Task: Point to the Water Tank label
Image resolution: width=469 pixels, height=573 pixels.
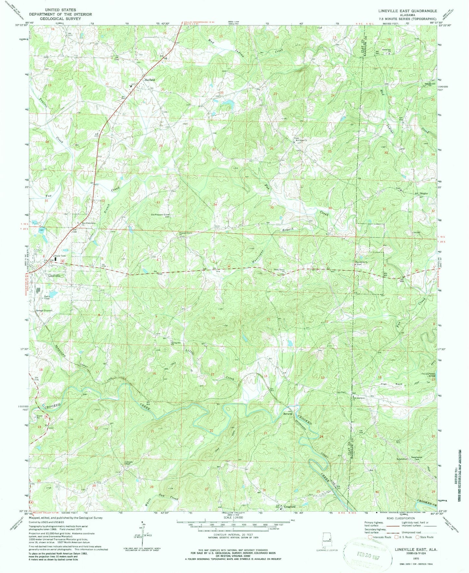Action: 60,256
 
